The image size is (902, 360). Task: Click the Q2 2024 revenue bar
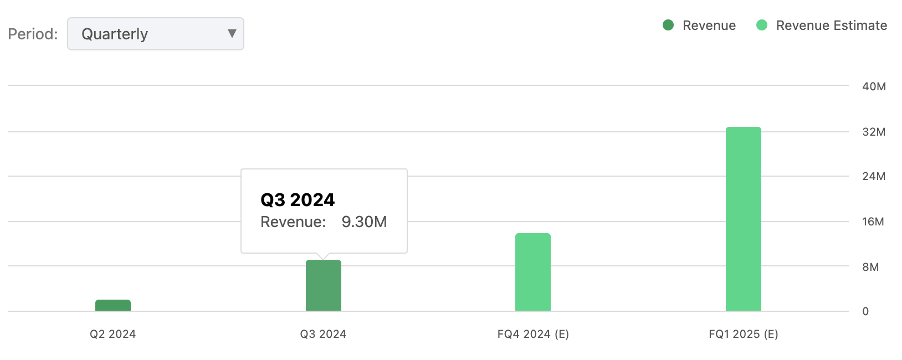(113, 305)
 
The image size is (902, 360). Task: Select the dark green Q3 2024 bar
(324, 285)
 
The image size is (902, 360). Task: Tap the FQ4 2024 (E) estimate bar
(533, 272)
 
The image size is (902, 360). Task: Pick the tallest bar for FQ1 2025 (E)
(744, 219)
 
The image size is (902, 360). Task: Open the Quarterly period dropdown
(155, 34)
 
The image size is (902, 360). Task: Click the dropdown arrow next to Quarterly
(232, 34)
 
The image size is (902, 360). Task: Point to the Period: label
(33, 34)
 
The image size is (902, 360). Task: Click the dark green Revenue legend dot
(668, 25)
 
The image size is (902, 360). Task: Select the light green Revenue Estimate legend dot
(762, 25)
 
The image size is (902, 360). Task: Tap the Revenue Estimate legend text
(831, 25)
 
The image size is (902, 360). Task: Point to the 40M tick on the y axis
(874, 86)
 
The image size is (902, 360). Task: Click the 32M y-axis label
(874, 132)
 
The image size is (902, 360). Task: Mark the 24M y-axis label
(874, 176)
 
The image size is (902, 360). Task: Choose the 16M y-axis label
(873, 222)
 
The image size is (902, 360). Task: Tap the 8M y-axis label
(870, 267)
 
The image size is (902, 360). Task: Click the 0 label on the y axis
(865, 311)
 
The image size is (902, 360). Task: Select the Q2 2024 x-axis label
(113, 334)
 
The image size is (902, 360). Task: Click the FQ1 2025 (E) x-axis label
(744, 334)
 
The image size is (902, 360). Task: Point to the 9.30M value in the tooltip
(364, 222)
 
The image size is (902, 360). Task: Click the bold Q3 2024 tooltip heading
(298, 199)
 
